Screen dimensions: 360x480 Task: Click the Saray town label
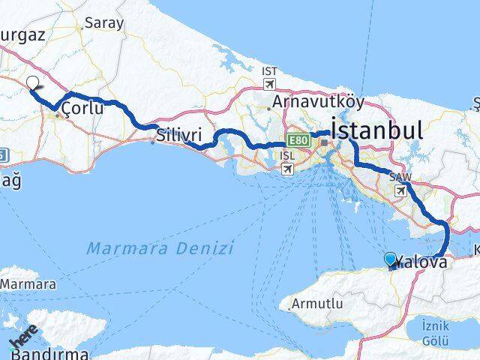pos(104,22)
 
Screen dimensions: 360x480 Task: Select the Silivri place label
pos(179,136)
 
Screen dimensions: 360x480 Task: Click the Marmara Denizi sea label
pos(160,248)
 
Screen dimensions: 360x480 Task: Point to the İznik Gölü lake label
pos(436,331)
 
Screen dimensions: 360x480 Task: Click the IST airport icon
pos(270,82)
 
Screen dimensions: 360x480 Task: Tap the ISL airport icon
pos(287,169)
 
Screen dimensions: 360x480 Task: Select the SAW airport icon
pos(401,190)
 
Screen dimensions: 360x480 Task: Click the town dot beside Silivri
pos(153,142)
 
